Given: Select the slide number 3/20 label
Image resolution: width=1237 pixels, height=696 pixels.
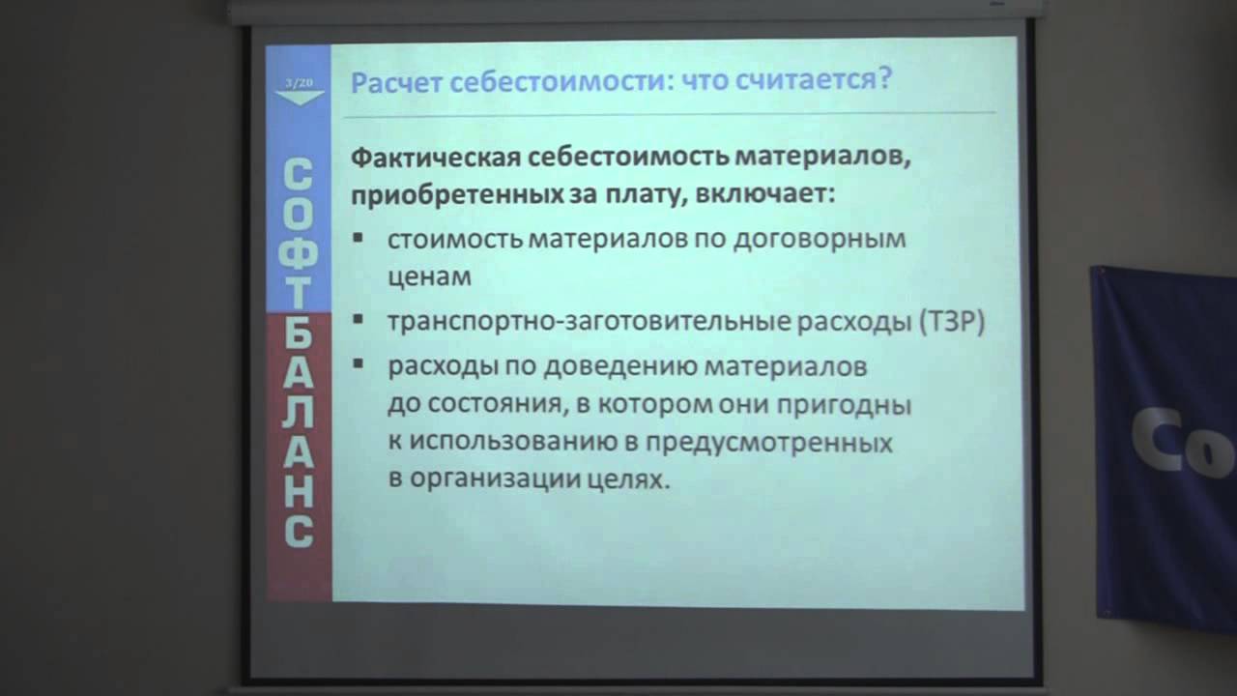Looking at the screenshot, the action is coord(299,83).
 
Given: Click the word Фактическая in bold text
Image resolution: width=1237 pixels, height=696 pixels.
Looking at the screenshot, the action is coord(436,158).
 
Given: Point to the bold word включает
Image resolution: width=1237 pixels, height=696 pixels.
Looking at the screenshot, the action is coord(764,194).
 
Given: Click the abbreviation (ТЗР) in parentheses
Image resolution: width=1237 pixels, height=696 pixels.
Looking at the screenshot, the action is coord(952,322).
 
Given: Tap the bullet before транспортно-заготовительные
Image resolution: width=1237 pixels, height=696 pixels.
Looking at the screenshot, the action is coord(358,319).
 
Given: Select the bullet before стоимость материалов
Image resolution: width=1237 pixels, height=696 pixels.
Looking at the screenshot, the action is coord(358,238).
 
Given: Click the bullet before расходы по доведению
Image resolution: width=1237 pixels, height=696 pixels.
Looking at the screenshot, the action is coord(358,363).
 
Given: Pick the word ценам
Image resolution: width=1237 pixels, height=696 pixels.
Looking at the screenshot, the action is coord(430,276).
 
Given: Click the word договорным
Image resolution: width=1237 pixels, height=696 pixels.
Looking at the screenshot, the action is coord(820,240).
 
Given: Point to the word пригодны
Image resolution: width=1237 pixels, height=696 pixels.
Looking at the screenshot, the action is coord(845,406).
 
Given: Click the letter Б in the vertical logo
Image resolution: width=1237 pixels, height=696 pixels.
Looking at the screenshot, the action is coord(299,334).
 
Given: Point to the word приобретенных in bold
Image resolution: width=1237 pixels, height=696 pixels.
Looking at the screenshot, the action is coord(457,195).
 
